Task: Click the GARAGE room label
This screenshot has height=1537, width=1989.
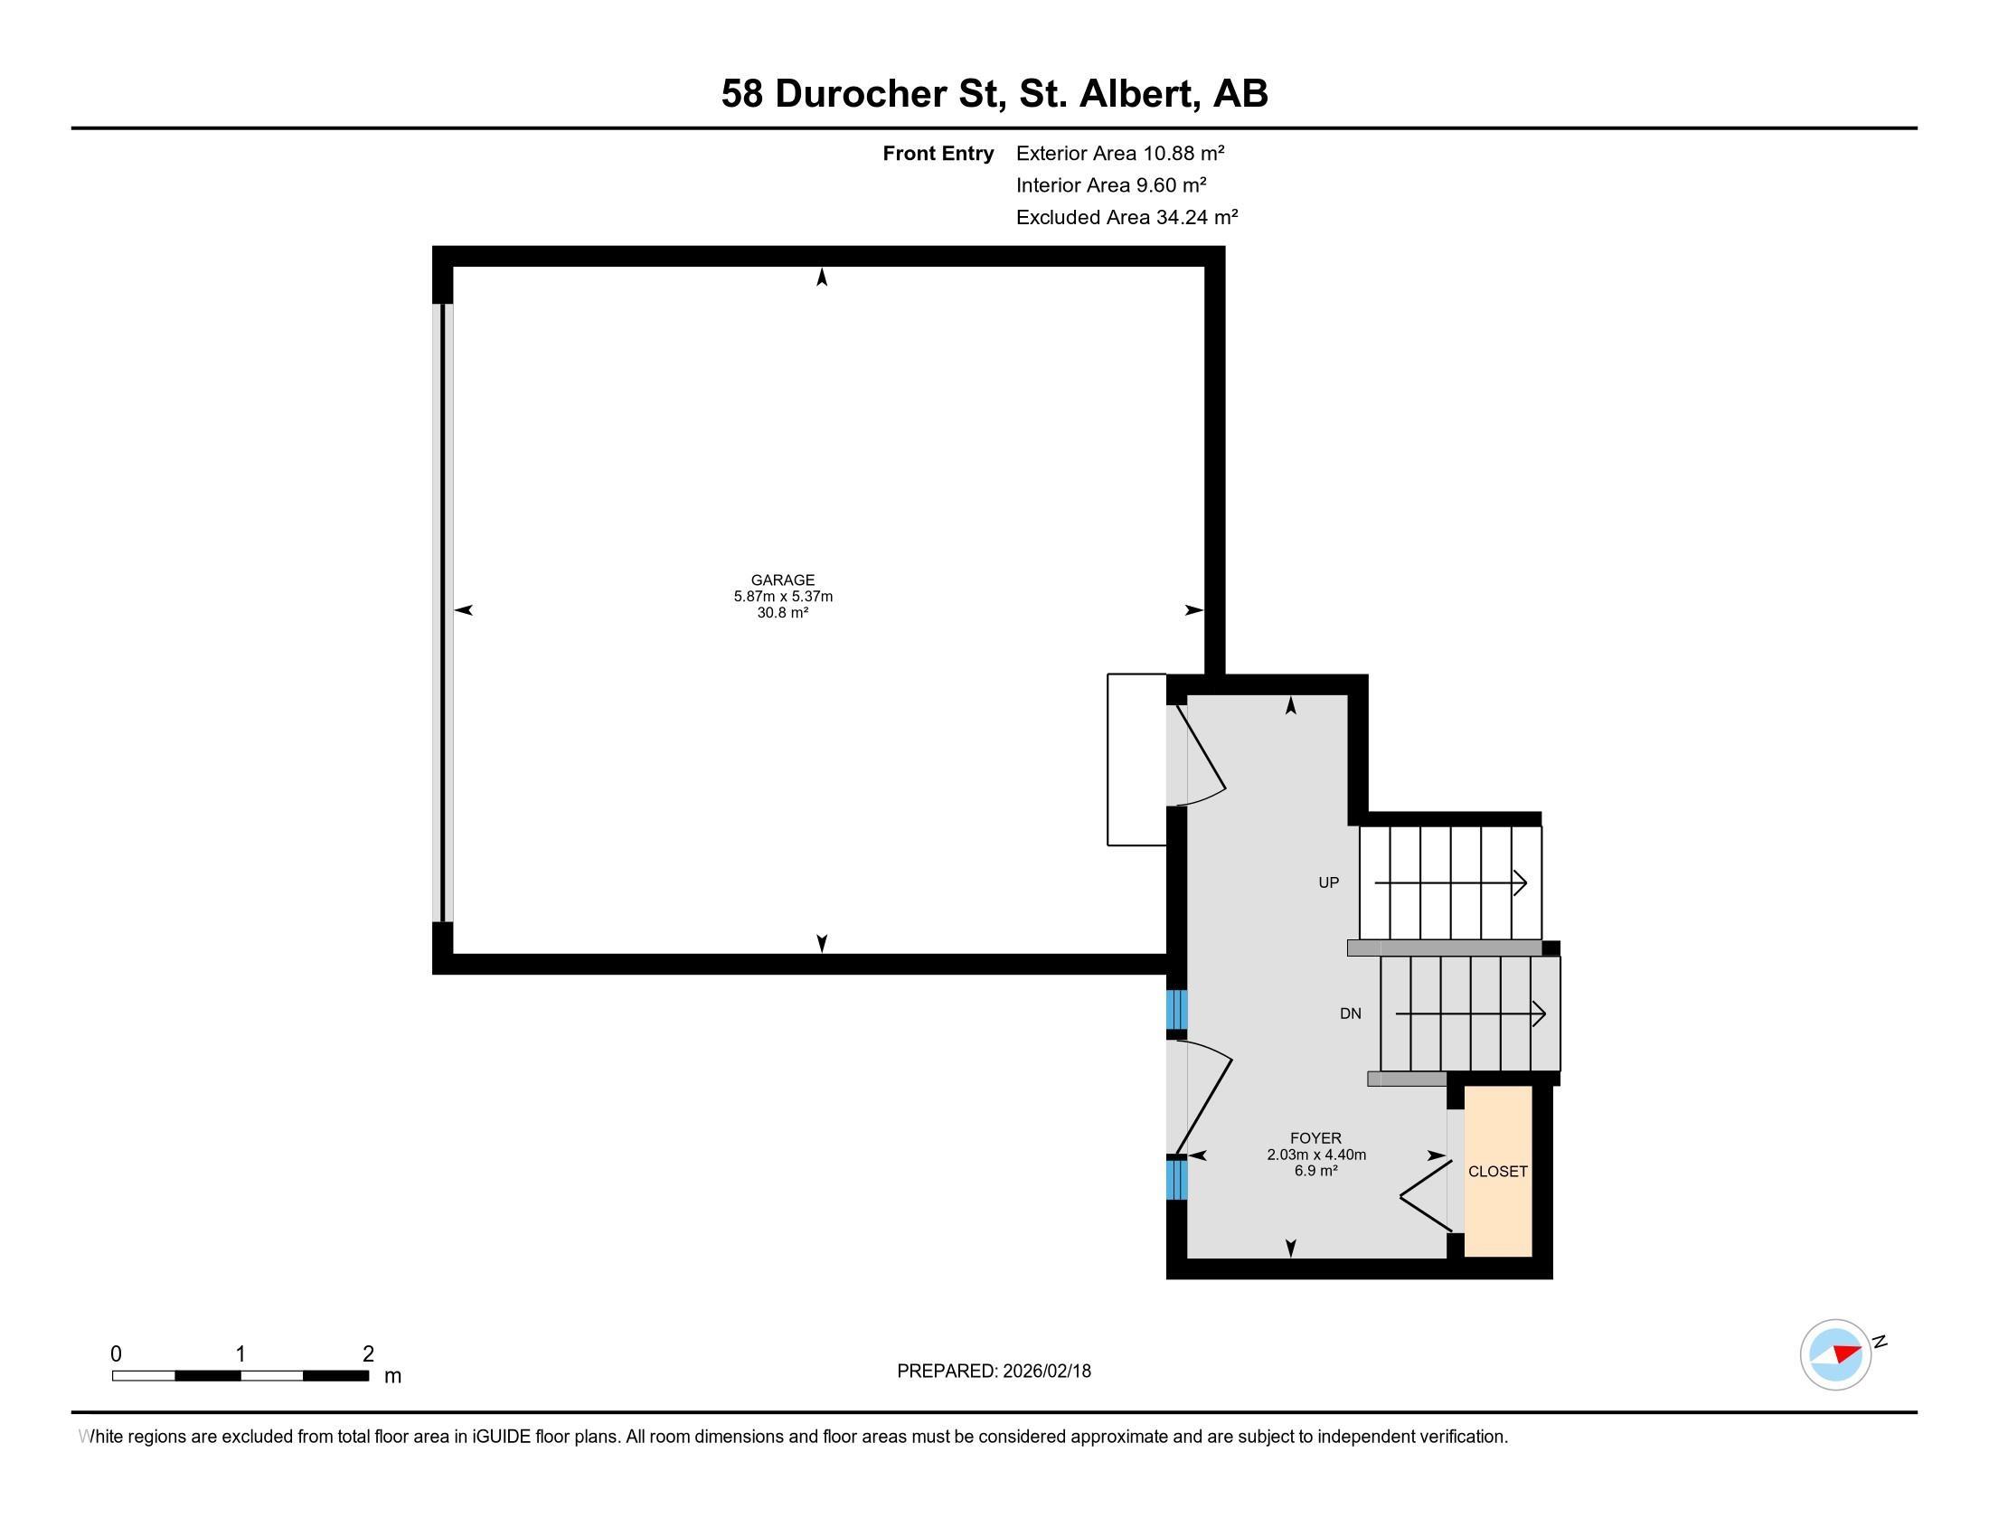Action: [x=782, y=580]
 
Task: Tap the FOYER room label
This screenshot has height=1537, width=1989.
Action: [x=1315, y=1138]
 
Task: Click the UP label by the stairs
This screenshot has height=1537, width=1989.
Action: [x=1329, y=882]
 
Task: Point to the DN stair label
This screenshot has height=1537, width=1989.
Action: [x=1350, y=1014]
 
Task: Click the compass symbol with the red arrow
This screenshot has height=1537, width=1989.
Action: [x=1835, y=1354]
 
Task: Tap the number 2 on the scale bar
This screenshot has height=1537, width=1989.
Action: [x=368, y=1353]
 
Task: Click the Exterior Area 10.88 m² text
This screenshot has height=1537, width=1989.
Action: [x=1119, y=153]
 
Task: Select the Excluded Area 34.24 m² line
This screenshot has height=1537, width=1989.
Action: [x=1126, y=217]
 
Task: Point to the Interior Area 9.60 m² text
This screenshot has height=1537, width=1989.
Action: [x=1110, y=184]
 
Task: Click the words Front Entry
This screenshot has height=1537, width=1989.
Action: [x=938, y=153]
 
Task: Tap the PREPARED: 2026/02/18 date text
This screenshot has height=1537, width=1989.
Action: [x=994, y=1371]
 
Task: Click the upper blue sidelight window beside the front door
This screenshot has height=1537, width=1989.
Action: [x=1176, y=1008]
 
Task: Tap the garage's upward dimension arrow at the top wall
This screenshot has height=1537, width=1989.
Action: [x=822, y=278]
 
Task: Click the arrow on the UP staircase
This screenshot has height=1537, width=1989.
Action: [x=1451, y=882]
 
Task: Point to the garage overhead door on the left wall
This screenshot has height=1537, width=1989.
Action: [x=443, y=612]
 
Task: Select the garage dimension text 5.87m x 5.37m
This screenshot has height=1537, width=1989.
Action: [x=782, y=597]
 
